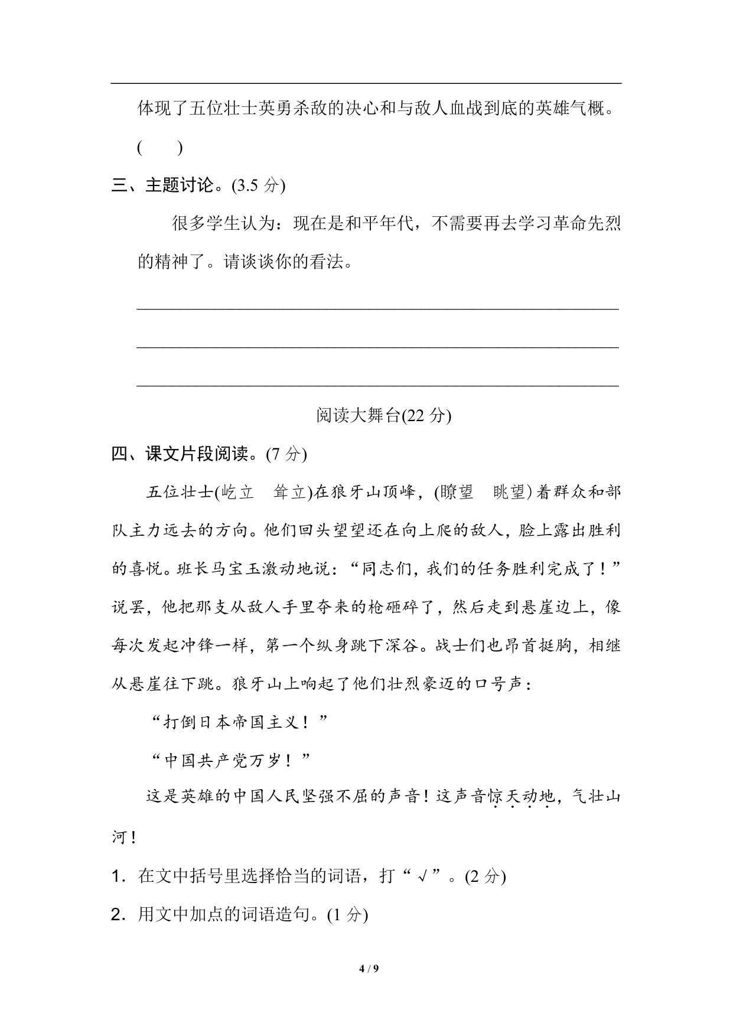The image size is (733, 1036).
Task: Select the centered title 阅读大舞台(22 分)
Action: pyautogui.click(x=383, y=416)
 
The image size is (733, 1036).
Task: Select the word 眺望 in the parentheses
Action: pyautogui.click(x=509, y=493)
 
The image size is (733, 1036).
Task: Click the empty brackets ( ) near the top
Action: pyautogui.click(x=159, y=148)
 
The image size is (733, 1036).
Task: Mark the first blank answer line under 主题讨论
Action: pyautogui.click(x=378, y=307)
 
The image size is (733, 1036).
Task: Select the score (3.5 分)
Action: pyautogui.click(x=259, y=185)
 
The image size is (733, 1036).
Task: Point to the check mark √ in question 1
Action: pyautogui.click(x=422, y=877)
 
